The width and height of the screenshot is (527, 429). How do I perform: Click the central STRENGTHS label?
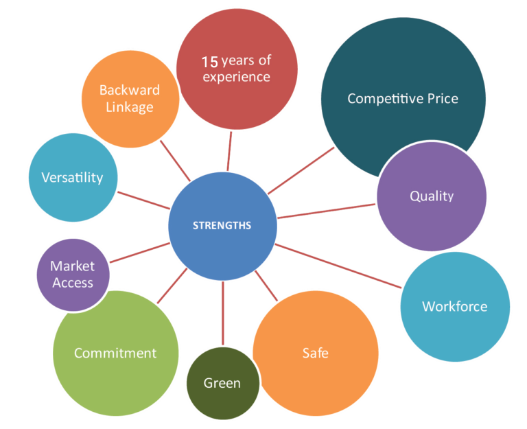tap(222, 225)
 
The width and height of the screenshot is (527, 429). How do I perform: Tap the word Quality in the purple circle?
tap(432, 196)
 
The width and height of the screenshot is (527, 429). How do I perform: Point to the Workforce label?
tap(454, 306)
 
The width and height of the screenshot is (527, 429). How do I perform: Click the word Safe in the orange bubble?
tap(315, 353)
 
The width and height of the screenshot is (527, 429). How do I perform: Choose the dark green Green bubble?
tap(222, 382)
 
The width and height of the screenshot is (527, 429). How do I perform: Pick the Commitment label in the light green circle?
tap(115, 353)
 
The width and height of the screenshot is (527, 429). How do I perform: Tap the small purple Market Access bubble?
tap(72, 274)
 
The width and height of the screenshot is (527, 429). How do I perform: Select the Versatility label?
tap(72, 177)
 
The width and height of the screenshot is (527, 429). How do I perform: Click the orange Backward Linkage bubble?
tap(130, 98)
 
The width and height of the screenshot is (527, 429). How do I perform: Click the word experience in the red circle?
tap(236, 77)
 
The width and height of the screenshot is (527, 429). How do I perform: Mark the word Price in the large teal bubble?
tap(439, 98)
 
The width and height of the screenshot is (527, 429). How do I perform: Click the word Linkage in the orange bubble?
tap(130, 107)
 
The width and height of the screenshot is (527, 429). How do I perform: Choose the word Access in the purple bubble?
tap(72, 282)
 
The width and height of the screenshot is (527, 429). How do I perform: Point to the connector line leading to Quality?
tap(327, 211)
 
